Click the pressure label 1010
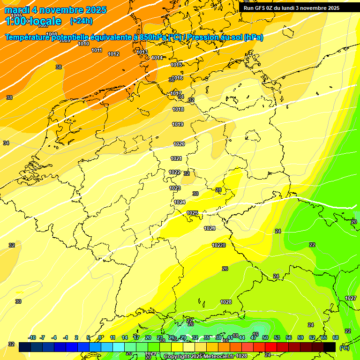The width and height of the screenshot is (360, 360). coord(83,44)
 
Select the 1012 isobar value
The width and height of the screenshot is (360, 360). coord(113,54)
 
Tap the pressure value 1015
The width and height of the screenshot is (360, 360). coord(177,65)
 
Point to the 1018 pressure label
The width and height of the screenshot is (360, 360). coord(178,109)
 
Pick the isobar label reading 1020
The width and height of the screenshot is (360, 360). coord(179,144)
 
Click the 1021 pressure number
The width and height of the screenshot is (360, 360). coord(176,158)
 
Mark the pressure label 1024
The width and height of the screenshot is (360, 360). coord(180,202)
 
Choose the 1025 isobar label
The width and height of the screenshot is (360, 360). coord(192,213)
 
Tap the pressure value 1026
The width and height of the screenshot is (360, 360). coord(210,228)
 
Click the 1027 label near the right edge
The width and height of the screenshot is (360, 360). coord(351,298)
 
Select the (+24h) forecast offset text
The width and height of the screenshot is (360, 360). coord(81,21)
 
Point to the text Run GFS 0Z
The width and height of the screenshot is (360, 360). coord(260,8)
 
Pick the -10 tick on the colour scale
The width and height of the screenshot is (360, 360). coord(32,337)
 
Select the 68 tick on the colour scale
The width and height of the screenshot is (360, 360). coord(336,337)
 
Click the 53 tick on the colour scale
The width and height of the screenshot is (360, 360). coord(277,337)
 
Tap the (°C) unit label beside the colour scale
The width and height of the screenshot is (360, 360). coord(344,348)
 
